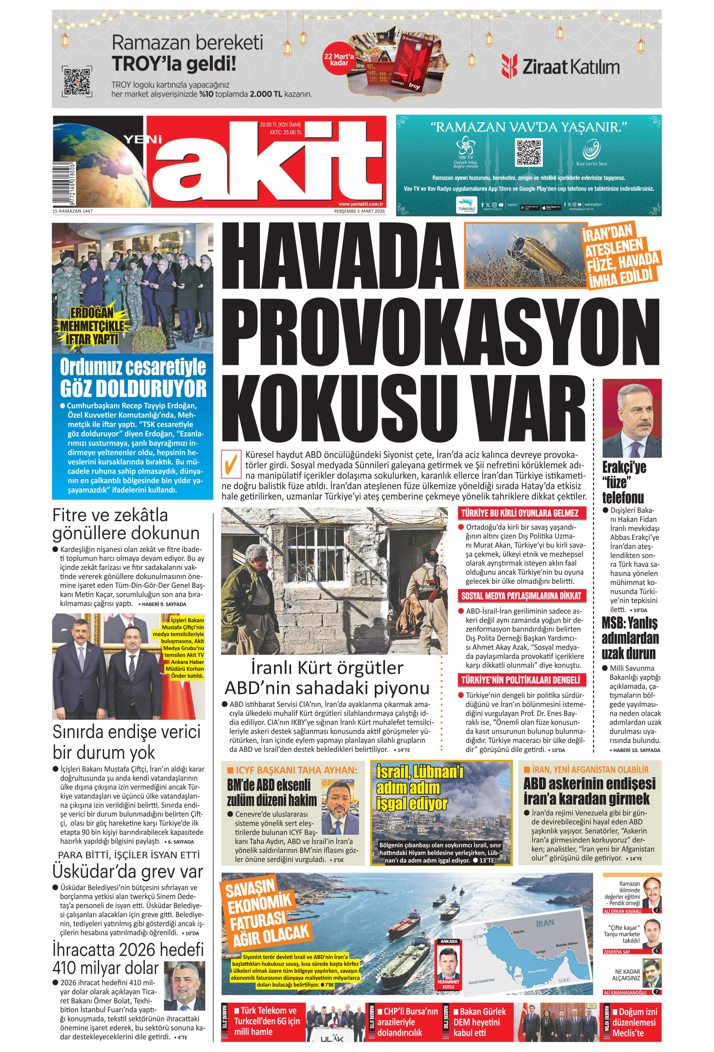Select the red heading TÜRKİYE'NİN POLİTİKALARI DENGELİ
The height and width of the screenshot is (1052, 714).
pos(520,680)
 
